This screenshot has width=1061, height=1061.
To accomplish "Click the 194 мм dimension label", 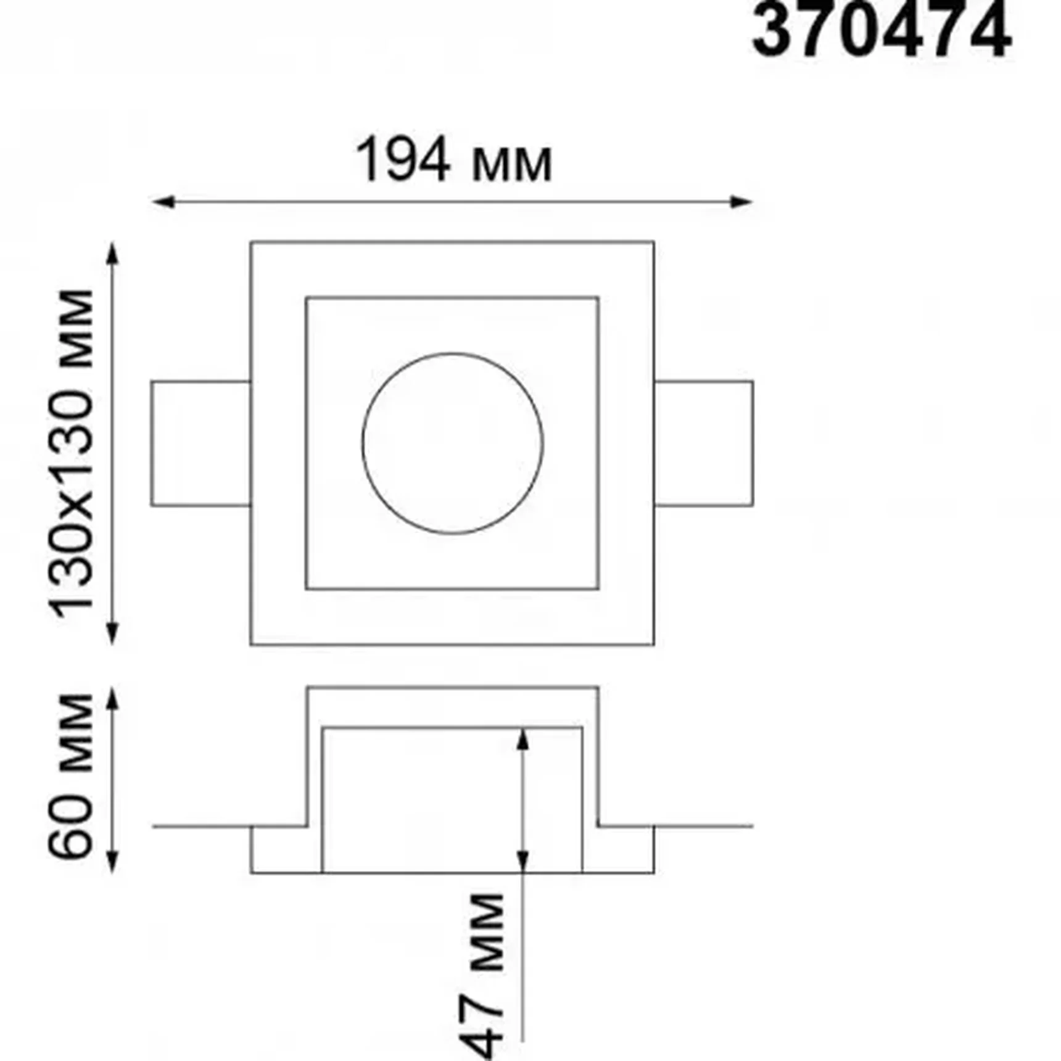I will [x=454, y=162].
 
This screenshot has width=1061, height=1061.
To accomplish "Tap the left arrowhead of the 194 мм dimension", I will [x=162, y=202].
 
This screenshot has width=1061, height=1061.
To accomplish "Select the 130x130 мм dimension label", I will [x=73, y=453].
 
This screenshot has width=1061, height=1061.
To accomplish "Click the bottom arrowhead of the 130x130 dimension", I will [x=112, y=634].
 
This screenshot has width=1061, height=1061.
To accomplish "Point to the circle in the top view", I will [x=453, y=444].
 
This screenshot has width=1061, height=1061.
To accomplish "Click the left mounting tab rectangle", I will [x=201, y=444].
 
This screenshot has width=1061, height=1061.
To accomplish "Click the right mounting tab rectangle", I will [x=703, y=444].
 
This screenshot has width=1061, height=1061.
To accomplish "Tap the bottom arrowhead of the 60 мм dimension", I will [x=112, y=862].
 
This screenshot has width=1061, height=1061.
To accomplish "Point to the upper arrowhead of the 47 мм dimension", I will [x=522, y=739].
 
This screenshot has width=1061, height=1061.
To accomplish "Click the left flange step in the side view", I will [x=286, y=849].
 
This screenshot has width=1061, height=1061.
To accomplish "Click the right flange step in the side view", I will [x=618, y=849].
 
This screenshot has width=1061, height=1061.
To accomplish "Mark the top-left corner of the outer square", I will [x=251, y=242].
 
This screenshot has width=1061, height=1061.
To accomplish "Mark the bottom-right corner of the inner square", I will [x=598, y=588].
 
